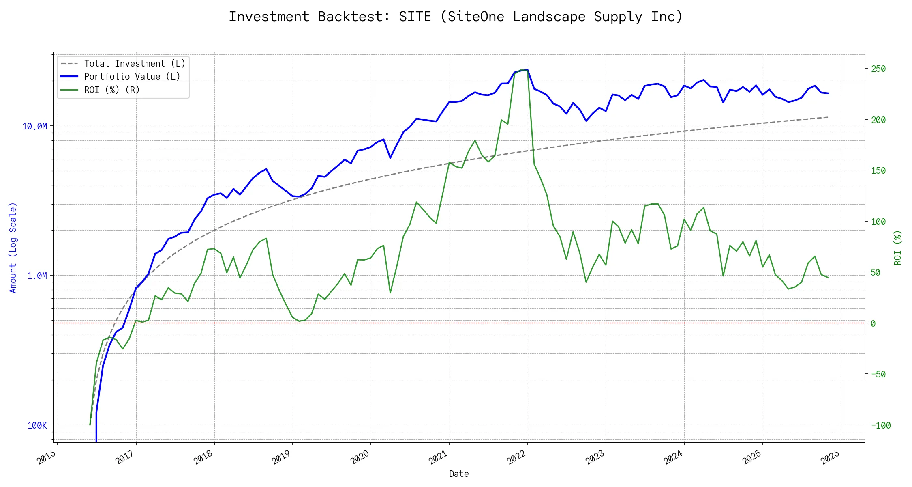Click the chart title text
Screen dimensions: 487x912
click(x=456, y=17)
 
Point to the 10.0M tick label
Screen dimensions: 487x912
click(x=34, y=127)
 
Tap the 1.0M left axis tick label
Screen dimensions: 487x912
click(x=37, y=276)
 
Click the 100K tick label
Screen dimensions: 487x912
click(x=37, y=426)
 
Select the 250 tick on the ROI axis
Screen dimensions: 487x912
click(x=878, y=69)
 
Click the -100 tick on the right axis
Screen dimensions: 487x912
click(x=880, y=426)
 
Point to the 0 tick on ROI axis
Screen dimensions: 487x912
click(x=873, y=324)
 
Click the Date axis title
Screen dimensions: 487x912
click(x=459, y=474)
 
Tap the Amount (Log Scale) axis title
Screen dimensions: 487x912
click(x=13, y=248)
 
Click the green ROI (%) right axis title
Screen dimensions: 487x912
click(x=898, y=248)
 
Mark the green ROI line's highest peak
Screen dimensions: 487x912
click(x=521, y=70)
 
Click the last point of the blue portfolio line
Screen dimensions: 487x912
click(x=828, y=93)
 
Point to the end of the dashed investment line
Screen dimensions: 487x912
click(x=828, y=117)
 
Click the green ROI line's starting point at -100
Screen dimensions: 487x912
click(x=90, y=425)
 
